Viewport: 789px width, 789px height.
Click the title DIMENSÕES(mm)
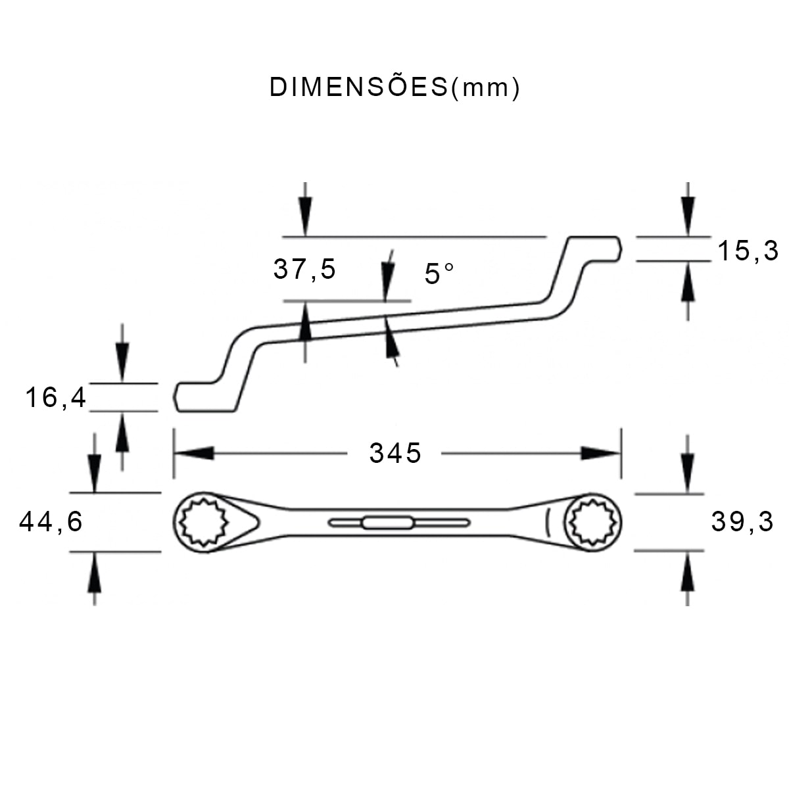[394, 87]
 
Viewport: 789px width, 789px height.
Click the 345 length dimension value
[394, 453]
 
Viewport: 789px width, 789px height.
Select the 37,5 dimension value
[304, 269]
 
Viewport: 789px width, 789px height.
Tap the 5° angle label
[439, 274]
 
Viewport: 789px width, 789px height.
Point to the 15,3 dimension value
[747, 251]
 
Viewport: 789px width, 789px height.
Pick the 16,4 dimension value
[56, 397]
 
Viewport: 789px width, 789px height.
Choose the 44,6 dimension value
[51, 522]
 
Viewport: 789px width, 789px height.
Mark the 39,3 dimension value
[742, 522]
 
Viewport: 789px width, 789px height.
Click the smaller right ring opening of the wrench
[595, 523]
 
